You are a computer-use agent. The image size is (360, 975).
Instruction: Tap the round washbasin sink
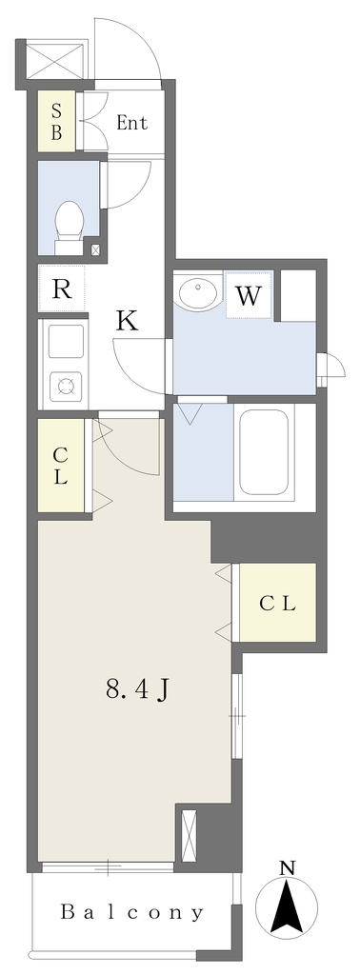coord(198,291)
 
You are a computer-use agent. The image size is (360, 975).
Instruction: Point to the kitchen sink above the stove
coord(66,342)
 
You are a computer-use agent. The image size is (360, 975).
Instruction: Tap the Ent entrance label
coord(131,123)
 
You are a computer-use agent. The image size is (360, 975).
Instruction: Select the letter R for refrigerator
coord(61,289)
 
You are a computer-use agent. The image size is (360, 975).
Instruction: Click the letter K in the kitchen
coord(128,321)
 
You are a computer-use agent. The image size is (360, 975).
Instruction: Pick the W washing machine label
coord(249,295)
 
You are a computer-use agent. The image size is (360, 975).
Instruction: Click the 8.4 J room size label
coord(138,690)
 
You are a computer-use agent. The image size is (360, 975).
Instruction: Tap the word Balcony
coord(131,912)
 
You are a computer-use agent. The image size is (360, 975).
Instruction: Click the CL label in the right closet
coord(277,603)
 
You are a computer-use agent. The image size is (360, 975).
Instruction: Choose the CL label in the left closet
coord(60,467)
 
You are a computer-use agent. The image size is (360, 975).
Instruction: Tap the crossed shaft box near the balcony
coord(189,833)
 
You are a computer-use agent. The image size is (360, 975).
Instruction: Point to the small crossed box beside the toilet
coord(95,250)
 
